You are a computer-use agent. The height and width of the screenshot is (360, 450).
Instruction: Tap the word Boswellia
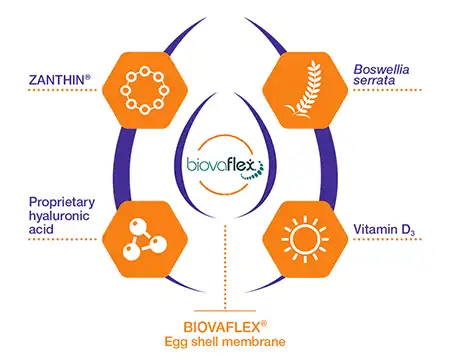tap(378, 69)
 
